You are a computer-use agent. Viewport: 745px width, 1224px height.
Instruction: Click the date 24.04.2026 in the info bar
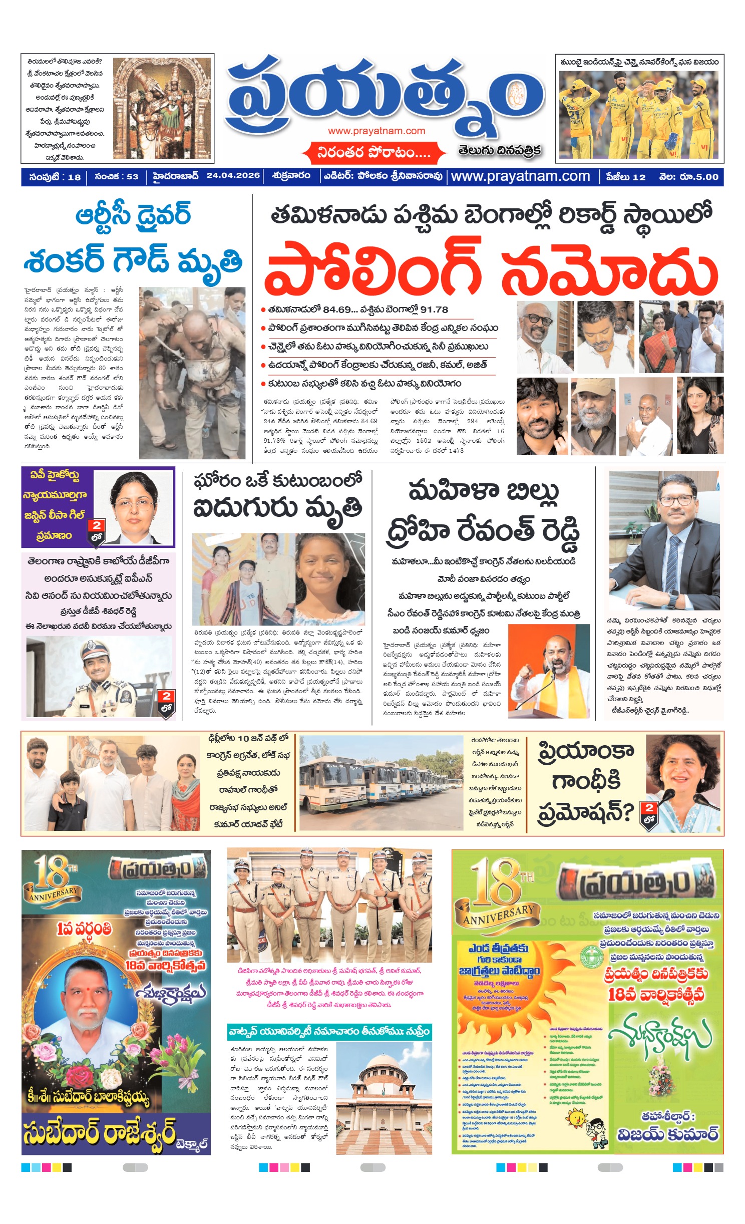[233, 176]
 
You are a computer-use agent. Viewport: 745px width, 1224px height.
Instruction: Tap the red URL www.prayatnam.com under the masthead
[377, 131]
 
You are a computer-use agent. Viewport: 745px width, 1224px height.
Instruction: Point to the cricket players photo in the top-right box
[639, 114]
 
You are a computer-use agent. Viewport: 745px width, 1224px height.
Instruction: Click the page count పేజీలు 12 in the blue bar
[625, 177]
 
